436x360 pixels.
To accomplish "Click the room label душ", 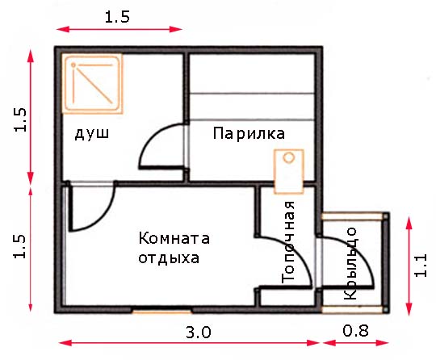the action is point(92,134).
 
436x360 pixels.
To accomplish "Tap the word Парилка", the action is point(249,133).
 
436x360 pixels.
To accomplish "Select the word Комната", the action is point(174,238).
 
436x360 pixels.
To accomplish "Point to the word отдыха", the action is point(169,258).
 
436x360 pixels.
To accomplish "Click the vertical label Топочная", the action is point(287,241).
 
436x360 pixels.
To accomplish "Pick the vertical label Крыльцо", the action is point(350,263).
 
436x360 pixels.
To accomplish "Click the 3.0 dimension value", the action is point(199,332).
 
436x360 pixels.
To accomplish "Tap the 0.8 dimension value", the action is point(355,331).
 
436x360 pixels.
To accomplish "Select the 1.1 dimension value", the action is point(420,266).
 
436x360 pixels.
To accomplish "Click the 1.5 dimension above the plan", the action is point(117,17).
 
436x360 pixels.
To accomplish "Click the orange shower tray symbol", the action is point(92,84).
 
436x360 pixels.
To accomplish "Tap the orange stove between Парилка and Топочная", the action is point(288,171).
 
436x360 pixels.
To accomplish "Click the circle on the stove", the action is point(289,157).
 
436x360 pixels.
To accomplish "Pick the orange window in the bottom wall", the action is point(162,312).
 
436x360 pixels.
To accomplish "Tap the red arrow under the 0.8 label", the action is point(356,342).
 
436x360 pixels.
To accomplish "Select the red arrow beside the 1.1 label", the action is point(409,266).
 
